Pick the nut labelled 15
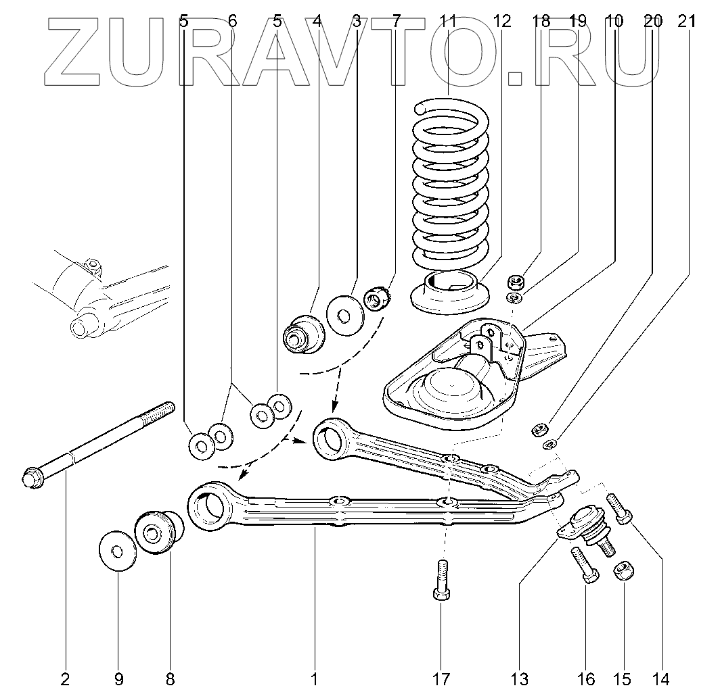pyautogui.click(x=623, y=572)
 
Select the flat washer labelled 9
pyautogui.click(x=117, y=550)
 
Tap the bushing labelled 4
pyautogui.click(x=302, y=332)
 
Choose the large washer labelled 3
pyautogui.click(x=345, y=314)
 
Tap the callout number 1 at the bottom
pyautogui.click(x=315, y=678)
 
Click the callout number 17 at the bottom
pyautogui.click(x=441, y=678)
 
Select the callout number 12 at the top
pyautogui.click(x=501, y=21)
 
